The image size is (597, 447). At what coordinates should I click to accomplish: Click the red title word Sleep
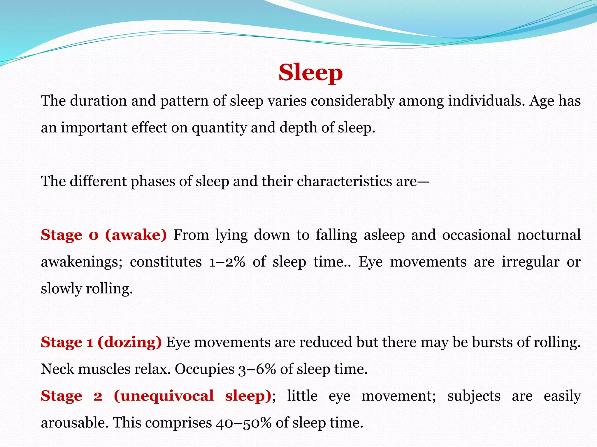pyautogui.click(x=310, y=73)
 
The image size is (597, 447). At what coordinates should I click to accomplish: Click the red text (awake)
pyautogui.click(x=136, y=235)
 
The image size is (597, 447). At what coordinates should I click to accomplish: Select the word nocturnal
pyautogui.click(x=549, y=235)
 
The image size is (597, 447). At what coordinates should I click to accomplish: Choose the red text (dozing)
pyautogui.click(x=129, y=342)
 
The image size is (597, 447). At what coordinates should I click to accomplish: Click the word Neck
pyautogui.click(x=57, y=369)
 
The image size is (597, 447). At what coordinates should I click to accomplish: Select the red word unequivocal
pyautogui.click(x=167, y=396)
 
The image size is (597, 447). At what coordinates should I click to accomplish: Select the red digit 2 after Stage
pyautogui.click(x=98, y=396)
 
